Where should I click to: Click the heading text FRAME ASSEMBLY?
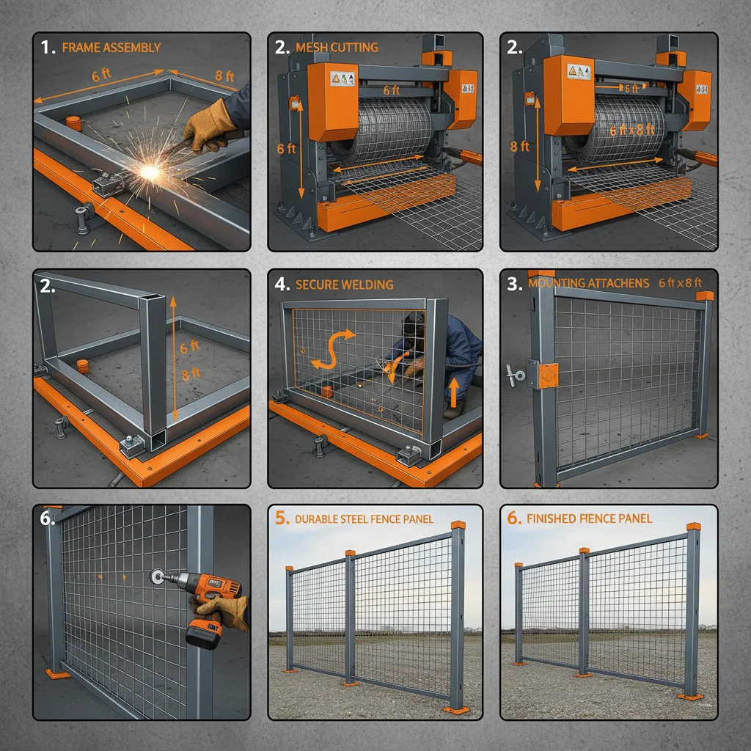click(111, 48)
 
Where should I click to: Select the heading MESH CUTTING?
click(337, 48)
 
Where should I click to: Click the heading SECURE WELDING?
click(344, 285)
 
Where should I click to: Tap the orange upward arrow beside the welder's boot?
click(454, 391)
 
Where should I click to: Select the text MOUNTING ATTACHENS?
click(588, 283)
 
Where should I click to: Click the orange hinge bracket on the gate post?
click(546, 375)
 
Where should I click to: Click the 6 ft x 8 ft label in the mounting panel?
click(680, 282)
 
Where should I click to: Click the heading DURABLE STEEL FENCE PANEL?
click(364, 519)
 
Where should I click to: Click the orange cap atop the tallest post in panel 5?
click(458, 525)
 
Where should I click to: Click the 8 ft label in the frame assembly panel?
click(224, 76)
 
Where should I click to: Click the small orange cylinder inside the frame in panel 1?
click(72, 122)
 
